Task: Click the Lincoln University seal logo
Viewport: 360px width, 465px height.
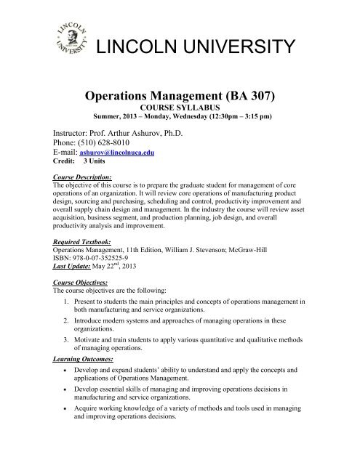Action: point(65,43)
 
